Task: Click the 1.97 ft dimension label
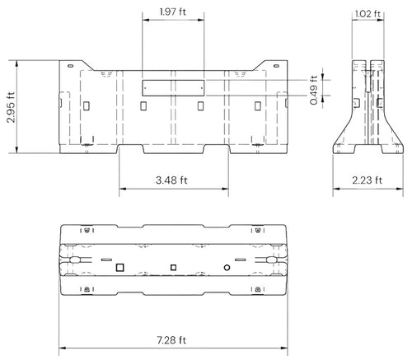pos(173,12)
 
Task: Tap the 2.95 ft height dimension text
pos(11,107)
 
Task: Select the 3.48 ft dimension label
pos(171,180)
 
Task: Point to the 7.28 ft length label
pos(171,340)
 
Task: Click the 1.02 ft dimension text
pos(368,14)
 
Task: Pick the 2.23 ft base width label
pos(368,180)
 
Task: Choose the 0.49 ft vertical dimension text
pos(314,90)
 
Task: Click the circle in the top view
pos(227,267)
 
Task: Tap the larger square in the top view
pos(120,267)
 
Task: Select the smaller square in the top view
pos(173,267)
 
